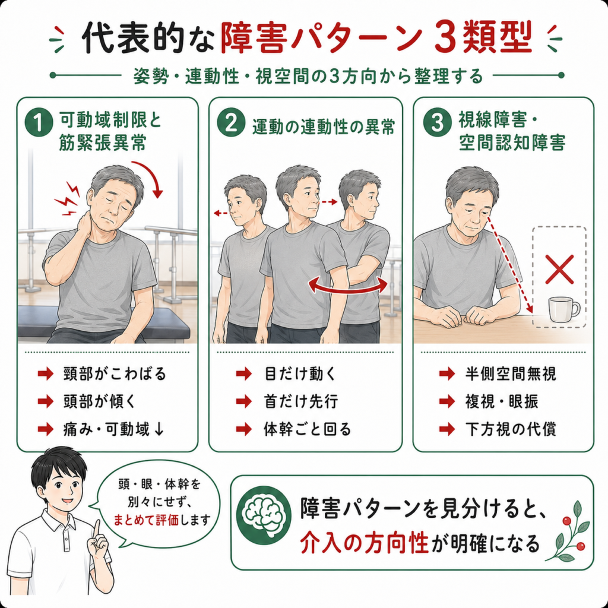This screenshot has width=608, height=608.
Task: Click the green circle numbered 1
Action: [39, 122]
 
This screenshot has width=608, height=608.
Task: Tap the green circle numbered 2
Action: [231, 122]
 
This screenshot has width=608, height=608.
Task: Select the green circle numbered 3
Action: [438, 122]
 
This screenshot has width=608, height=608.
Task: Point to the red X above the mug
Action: [559, 269]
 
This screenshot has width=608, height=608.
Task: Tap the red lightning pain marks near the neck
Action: [68, 198]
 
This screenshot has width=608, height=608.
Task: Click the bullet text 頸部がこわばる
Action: [115, 374]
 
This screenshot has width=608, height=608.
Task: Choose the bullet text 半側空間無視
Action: [511, 374]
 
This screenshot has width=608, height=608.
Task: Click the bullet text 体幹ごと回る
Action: [308, 429]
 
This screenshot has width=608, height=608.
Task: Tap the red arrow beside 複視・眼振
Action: [446, 401]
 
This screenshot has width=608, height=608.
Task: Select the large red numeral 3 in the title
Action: [446, 37]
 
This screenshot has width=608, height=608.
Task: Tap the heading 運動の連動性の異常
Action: [324, 127]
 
